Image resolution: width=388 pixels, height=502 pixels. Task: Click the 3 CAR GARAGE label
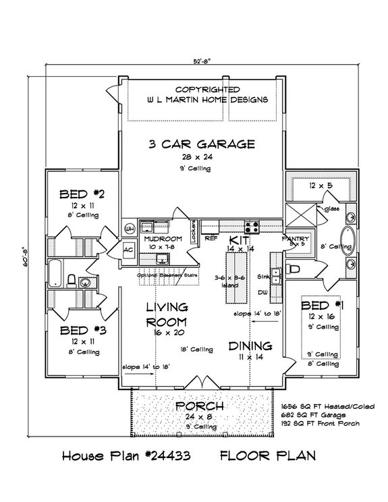coord(202,143)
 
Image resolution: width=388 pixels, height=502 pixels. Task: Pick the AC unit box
coord(128,249)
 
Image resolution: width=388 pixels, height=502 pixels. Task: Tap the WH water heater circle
coord(130,228)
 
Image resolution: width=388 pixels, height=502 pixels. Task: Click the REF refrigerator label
coord(210,238)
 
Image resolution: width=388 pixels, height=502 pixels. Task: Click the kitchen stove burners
coord(253,227)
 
